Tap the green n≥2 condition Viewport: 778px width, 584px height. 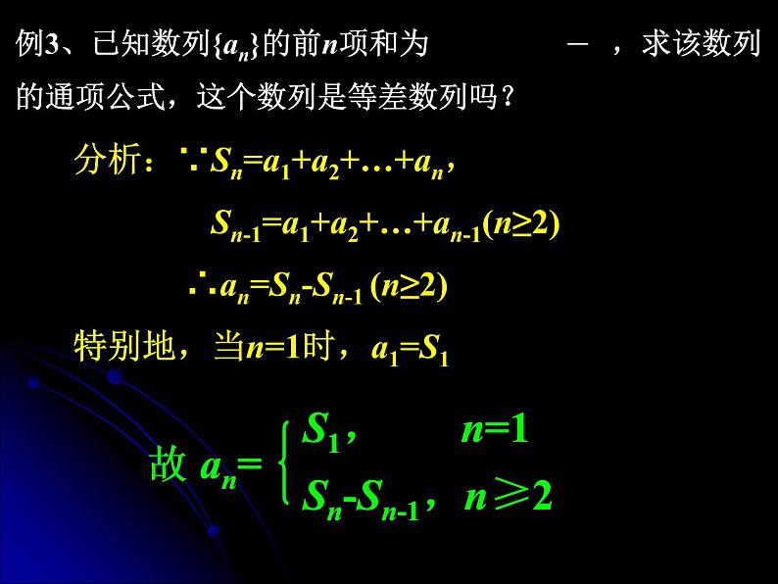(x=508, y=498)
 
